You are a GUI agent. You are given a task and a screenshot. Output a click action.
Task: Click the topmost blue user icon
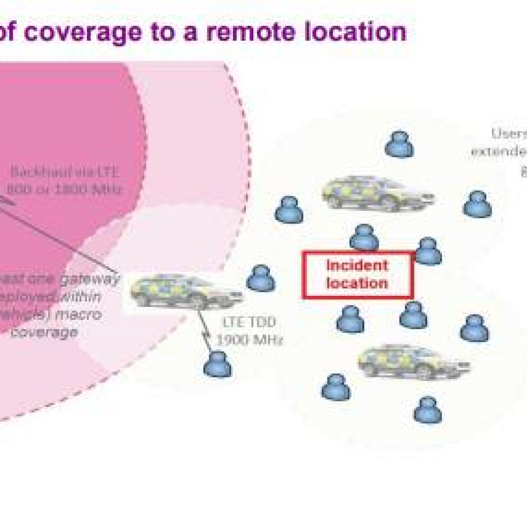pos(399,145)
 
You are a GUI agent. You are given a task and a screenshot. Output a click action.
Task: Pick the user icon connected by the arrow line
pos(217,364)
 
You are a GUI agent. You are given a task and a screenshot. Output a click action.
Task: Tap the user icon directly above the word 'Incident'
pos(364,237)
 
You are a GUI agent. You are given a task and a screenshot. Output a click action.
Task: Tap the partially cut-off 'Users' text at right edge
pos(509,134)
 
